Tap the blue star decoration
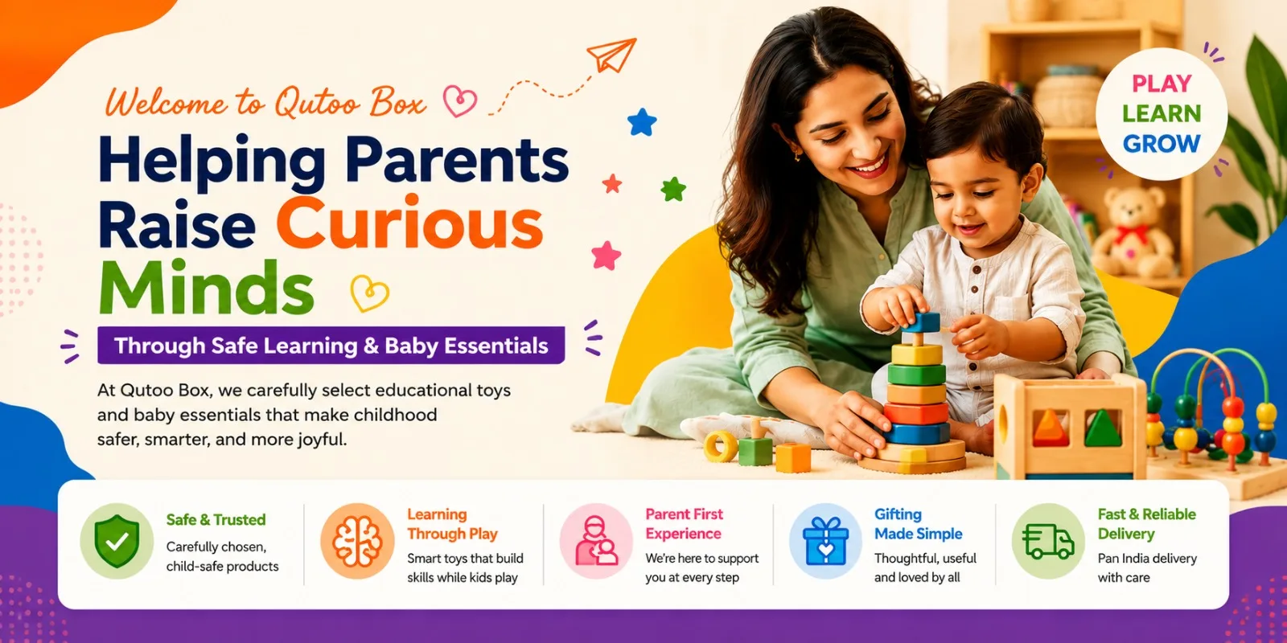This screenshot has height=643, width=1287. pyautogui.click(x=642, y=122)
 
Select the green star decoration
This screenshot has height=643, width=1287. pyautogui.click(x=673, y=189)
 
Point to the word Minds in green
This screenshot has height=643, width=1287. pyautogui.click(x=207, y=286)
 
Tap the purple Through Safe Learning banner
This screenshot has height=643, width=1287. pyautogui.click(x=331, y=345)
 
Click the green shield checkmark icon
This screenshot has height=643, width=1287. pyautogui.click(x=117, y=541)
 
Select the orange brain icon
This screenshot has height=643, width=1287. pyautogui.click(x=357, y=541)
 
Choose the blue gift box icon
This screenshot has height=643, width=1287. pyautogui.click(x=825, y=541)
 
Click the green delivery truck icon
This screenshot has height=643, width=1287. pyautogui.click(x=1048, y=541)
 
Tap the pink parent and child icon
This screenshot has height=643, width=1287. pyautogui.click(x=596, y=541)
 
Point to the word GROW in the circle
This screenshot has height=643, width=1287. pyautogui.click(x=1162, y=144)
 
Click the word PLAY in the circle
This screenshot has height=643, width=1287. pyautogui.click(x=1162, y=84)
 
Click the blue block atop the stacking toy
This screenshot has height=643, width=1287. pyautogui.click(x=921, y=322)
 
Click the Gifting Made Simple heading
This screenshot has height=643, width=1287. pyautogui.click(x=918, y=523)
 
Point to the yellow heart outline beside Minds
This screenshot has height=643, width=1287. pyautogui.click(x=369, y=293)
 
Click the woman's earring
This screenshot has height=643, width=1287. pyautogui.click(x=797, y=155)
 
